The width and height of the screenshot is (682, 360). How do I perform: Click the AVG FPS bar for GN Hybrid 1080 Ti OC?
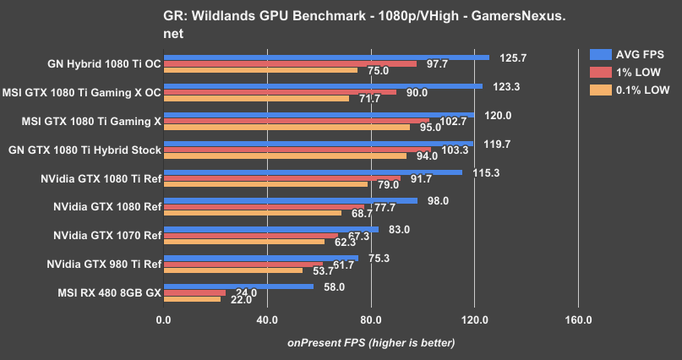click(326, 57)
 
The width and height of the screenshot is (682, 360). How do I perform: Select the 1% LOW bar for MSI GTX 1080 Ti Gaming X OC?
click(280, 92)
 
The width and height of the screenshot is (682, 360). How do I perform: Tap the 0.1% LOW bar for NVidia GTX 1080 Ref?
click(252, 213)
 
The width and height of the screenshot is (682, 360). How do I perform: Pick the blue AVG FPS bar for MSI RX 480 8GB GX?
click(238, 286)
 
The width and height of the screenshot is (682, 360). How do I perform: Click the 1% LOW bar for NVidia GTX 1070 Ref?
click(250, 236)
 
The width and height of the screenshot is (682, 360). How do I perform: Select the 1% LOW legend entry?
click(625, 72)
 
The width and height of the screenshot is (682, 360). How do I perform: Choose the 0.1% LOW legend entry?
click(625, 89)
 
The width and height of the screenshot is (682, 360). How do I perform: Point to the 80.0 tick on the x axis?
click(370, 320)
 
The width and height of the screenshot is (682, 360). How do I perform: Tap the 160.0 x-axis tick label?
click(578, 320)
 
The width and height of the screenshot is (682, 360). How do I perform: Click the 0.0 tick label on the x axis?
click(163, 320)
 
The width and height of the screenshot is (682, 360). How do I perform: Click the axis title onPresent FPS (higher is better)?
click(371, 342)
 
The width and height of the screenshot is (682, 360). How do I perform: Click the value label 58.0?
click(333, 287)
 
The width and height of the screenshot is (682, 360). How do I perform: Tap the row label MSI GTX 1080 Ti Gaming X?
click(94, 121)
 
